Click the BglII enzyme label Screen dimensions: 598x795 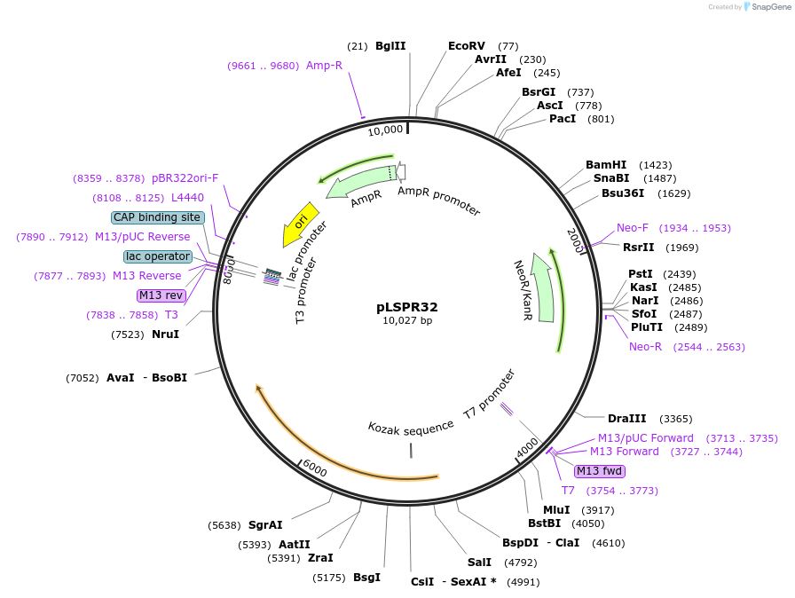click(390, 46)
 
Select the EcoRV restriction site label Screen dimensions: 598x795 click(467, 46)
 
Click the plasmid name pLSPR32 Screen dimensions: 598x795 click(407, 307)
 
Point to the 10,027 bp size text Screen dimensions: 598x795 click(407, 321)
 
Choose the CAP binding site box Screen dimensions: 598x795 click(158, 217)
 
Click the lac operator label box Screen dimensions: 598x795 click(158, 256)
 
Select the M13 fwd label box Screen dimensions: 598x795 click(600, 471)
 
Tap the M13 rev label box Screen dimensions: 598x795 click(161, 295)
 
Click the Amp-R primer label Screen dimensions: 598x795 click(324, 66)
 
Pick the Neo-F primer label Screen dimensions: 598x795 click(633, 228)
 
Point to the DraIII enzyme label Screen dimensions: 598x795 click(626, 419)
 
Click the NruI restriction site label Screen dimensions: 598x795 click(165, 334)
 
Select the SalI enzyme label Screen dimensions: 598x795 click(479, 562)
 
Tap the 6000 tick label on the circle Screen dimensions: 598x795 click(314, 468)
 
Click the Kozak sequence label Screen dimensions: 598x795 click(411, 429)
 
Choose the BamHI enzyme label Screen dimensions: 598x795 click(606, 165)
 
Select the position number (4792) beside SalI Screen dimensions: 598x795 click(520, 563)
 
